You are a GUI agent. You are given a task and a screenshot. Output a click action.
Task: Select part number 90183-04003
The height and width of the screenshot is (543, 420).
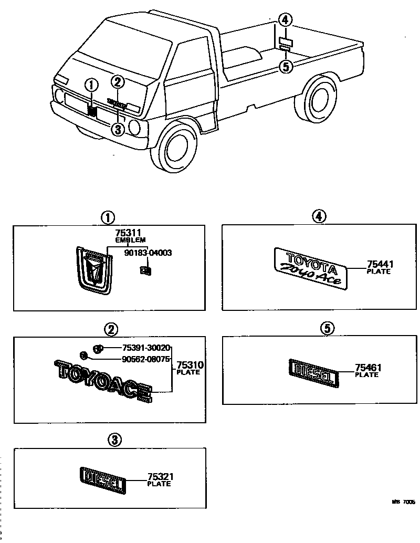(x=148, y=253)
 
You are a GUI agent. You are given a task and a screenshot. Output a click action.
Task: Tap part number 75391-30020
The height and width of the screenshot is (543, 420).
(x=146, y=348)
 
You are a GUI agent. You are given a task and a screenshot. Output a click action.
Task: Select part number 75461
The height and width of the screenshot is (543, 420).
(x=367, y=368)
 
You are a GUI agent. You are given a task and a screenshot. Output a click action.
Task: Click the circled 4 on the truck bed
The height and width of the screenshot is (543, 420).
(x=285, y=20)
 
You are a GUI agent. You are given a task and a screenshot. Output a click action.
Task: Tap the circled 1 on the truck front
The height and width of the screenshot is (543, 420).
(x=91, y=85)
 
